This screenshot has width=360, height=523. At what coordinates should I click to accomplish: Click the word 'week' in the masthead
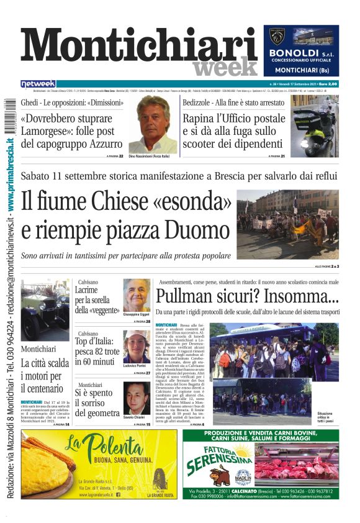[225, 66]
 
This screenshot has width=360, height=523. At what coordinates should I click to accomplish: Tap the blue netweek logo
[38, 83]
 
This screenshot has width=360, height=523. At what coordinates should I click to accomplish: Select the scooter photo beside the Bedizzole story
[315, 125]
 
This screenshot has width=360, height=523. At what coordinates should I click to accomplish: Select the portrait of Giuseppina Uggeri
[137, 294]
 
